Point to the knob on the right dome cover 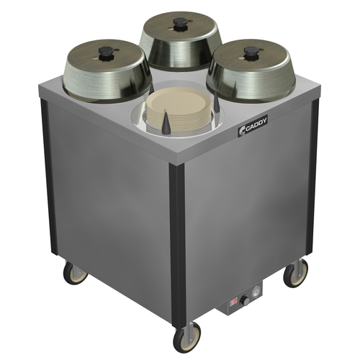click(x=251, y=53)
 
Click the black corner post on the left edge click(x=47, y=180)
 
